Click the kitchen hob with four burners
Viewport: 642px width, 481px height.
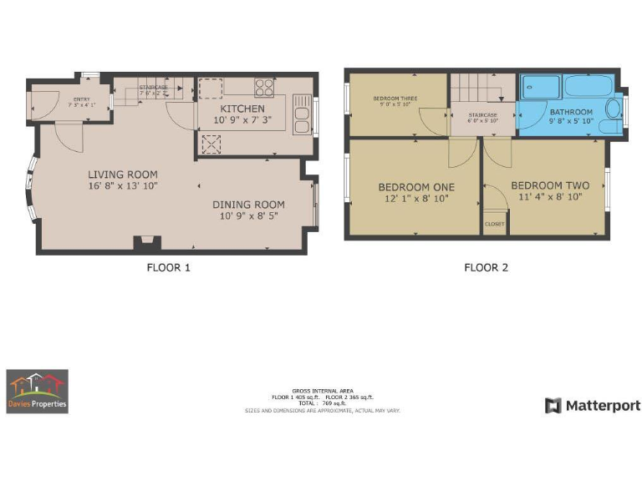[265, 87]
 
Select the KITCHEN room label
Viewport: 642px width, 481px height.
[242, 109]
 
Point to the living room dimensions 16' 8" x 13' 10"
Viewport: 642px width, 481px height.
[123, 185]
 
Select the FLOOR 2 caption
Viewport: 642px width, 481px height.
[486, 268]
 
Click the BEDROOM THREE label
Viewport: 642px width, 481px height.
[395, 99]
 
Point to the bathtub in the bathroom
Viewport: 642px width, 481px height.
[590, 87]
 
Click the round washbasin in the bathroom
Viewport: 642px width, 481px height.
[613, 109]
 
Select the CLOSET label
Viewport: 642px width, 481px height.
[494, 224]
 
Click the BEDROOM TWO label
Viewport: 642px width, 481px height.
[549, 185]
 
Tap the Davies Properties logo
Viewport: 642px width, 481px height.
[38, 392]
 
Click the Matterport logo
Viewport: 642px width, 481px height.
[593, 406]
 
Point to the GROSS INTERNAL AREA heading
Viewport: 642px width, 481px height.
[321, 390]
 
